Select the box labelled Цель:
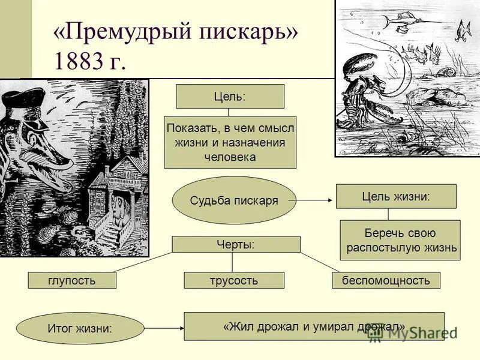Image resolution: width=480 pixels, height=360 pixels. coord(230,96)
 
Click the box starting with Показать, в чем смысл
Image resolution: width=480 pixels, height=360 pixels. coord(230,142)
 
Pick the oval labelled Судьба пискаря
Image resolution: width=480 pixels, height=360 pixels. coord(234,200)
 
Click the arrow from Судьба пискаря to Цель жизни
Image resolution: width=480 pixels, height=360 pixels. coord(315,200)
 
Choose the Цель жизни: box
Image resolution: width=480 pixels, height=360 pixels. coord(396,196)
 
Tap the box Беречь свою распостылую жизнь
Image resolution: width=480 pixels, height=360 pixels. coord(400,240)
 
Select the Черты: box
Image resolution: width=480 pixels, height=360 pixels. coord(236,244)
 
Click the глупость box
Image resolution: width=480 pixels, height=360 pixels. coord(72,280)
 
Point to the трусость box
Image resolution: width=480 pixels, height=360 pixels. coord(234,280)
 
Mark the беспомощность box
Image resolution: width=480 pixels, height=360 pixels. coord(386,280)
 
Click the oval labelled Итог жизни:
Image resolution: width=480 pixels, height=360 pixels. coord(80,328)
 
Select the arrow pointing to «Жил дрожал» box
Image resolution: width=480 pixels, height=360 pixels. coord(163,328)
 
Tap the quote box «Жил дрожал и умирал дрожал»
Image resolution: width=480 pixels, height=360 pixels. coord(314,326)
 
